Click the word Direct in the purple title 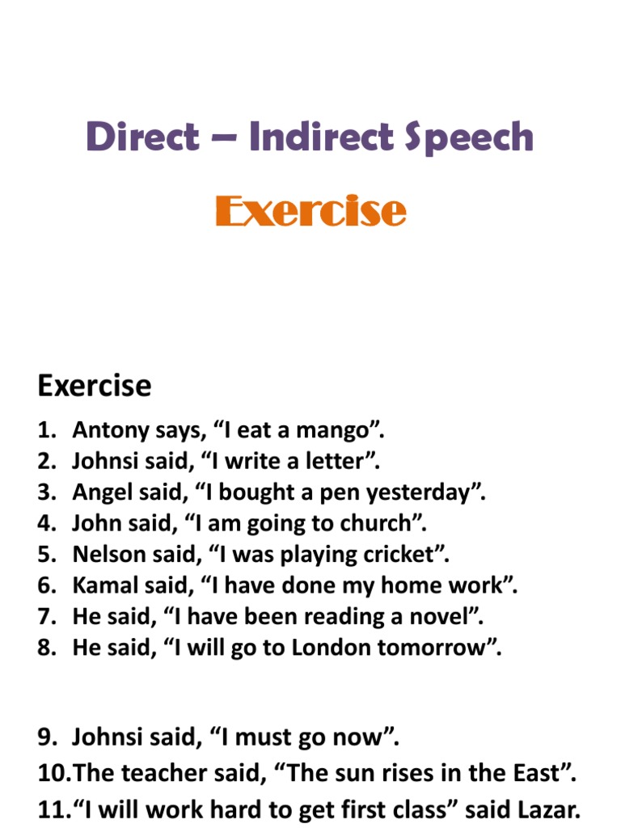tap(142, 137)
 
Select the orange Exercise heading tap(310, 211)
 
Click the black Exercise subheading tap(94, 386)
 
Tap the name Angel tap(99, 492)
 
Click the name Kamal tap(100, 585)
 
